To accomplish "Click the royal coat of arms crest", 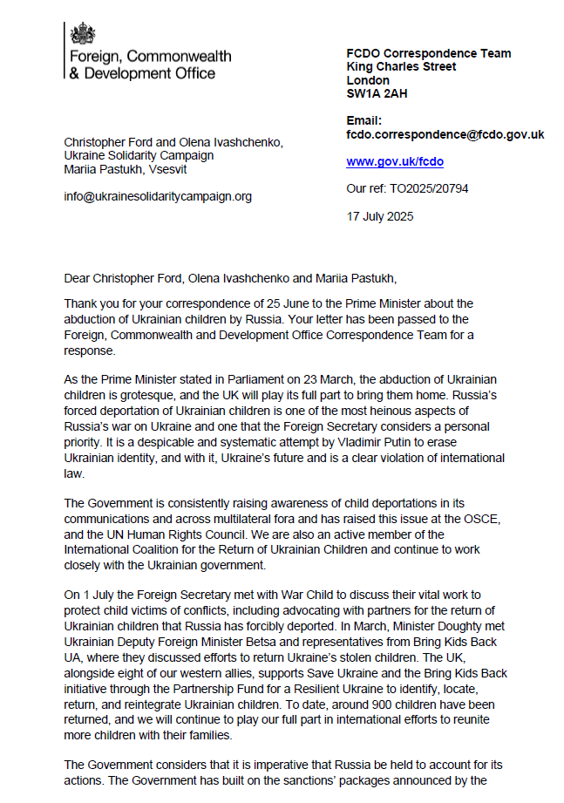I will click(x=84, y=35).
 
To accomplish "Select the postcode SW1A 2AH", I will click(x=376, y=93).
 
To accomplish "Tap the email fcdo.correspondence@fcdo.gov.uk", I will click(x=445, y=134).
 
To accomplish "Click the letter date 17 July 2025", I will click(x=380, y=215).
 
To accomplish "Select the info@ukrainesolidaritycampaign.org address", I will click(x=158, y=196).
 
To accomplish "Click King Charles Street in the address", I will click(x=402, y=66).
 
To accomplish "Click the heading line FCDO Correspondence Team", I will click(x=429, y=53).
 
